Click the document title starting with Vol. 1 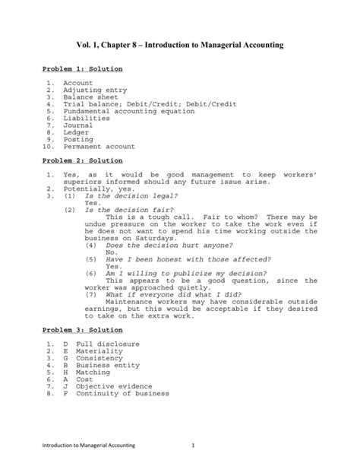pos(180,46)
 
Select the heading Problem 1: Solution pos(82,69)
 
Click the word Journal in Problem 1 pos(79,125)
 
